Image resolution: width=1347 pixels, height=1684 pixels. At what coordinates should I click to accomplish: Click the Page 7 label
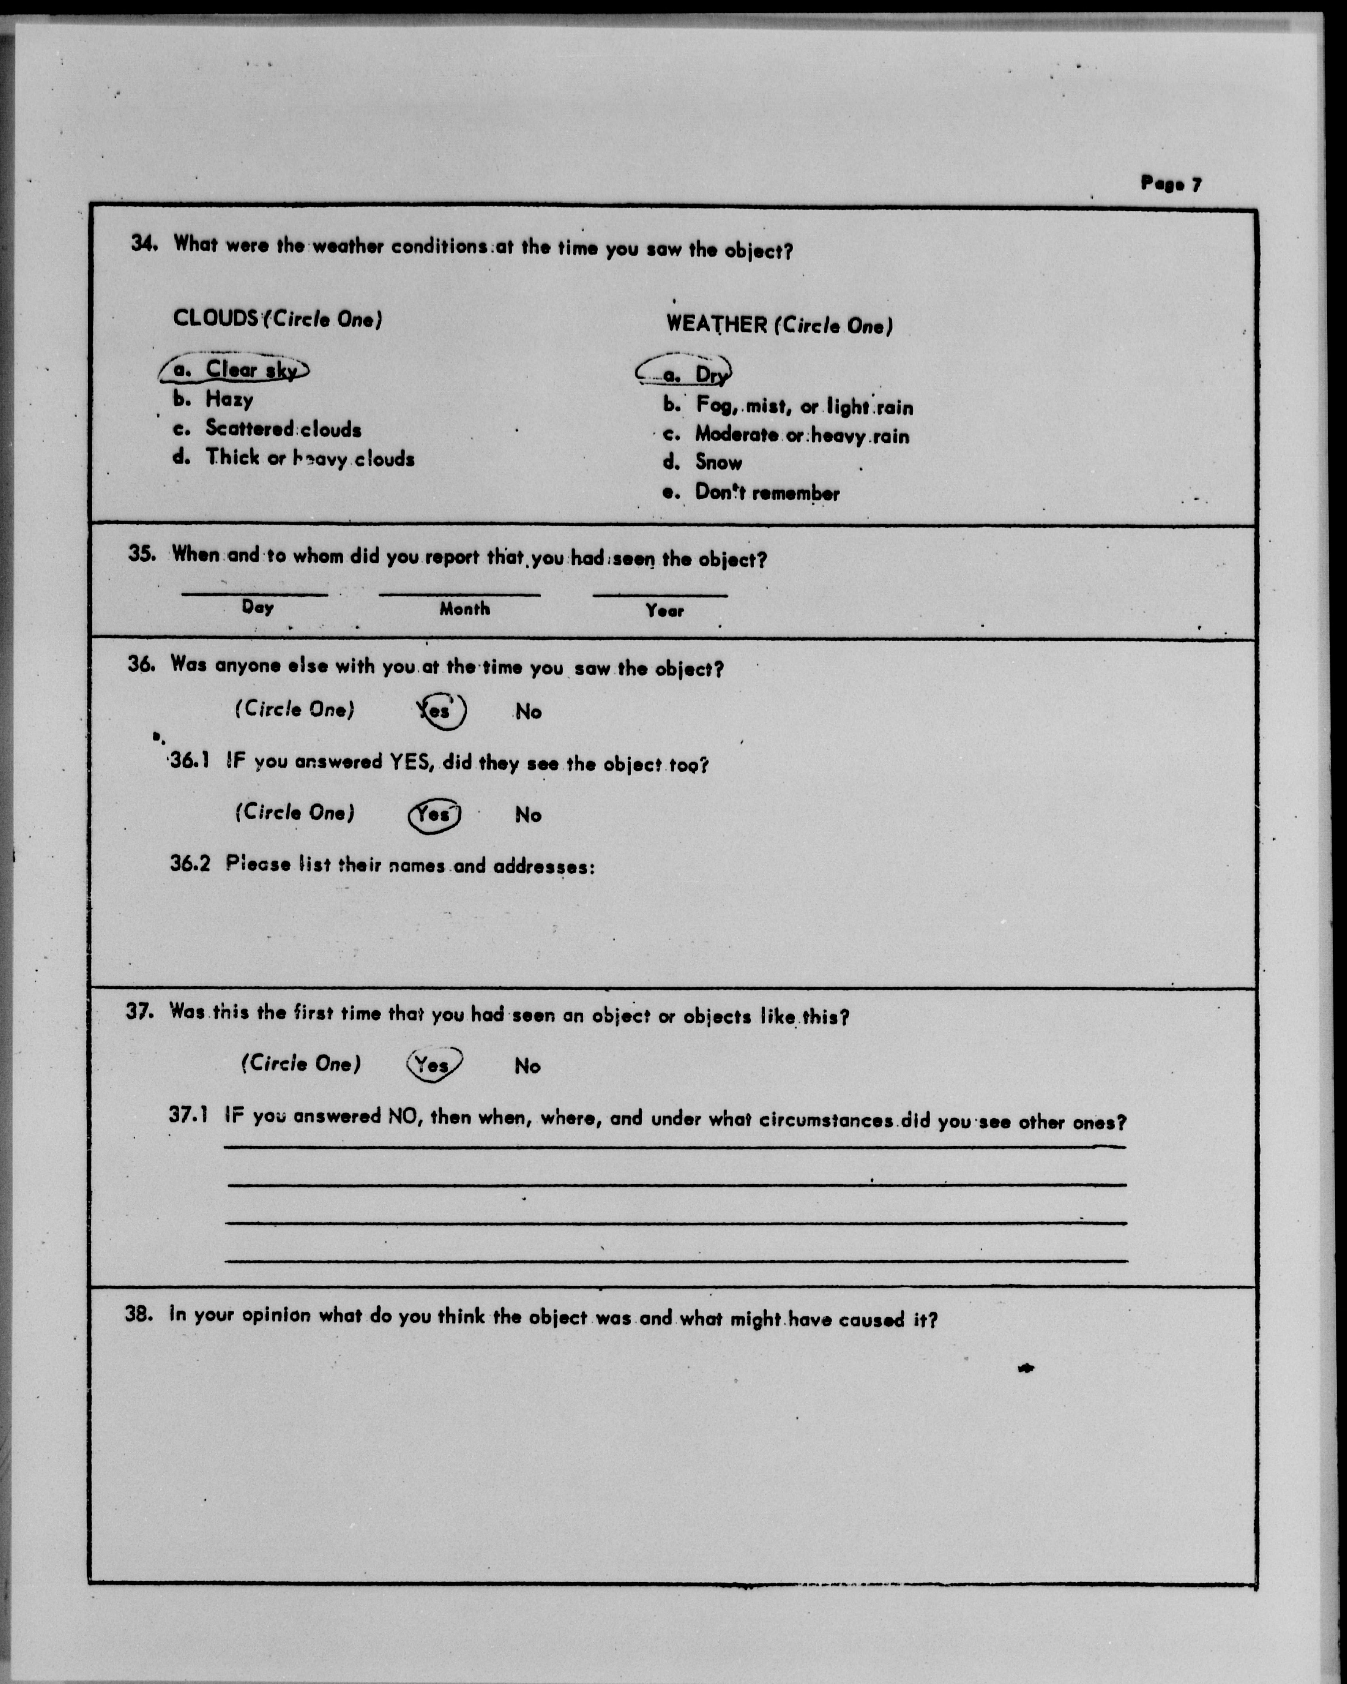pos(1171,184)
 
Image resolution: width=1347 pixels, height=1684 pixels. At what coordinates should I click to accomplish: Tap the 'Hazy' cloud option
pos(229,400)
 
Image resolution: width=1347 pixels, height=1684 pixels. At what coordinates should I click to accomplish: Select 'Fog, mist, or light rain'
pos(803,406)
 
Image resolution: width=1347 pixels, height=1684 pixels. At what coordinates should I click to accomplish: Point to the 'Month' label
pos(465,608)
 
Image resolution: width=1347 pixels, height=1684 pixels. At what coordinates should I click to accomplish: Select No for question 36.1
pos(528,815)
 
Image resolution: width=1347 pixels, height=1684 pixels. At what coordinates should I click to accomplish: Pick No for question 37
pos(527,1066)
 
